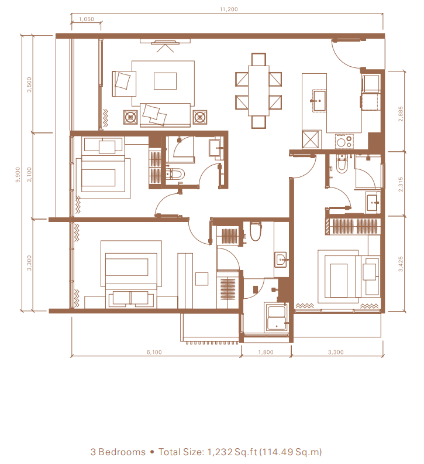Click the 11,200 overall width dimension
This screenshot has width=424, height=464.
click(229, 9)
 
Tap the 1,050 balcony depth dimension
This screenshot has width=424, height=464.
click(87, 19)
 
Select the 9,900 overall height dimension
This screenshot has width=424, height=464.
click(18, 175)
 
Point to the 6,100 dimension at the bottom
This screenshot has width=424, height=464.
click(154, 352)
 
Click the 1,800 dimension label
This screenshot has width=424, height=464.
click(266, 352)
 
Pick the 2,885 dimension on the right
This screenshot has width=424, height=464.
click(401, 114)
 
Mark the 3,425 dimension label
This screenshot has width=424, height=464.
click(401, 264)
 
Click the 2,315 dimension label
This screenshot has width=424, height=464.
click(401, 185)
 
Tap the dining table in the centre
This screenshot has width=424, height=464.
click(258, 91)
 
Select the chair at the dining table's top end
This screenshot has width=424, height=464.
click(258, 59)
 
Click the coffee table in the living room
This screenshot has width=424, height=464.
click(165, 81)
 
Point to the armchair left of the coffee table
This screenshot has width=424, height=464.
click(124, 83)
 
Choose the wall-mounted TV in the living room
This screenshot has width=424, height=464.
click(165, 43)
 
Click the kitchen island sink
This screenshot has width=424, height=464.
click(319, 100)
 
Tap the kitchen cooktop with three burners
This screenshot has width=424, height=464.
click(344, 141)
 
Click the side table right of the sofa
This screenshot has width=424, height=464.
click(200, 117)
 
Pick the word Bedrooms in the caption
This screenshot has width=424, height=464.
click(122, 452)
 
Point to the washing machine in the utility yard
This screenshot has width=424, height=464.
click(276, 318)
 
